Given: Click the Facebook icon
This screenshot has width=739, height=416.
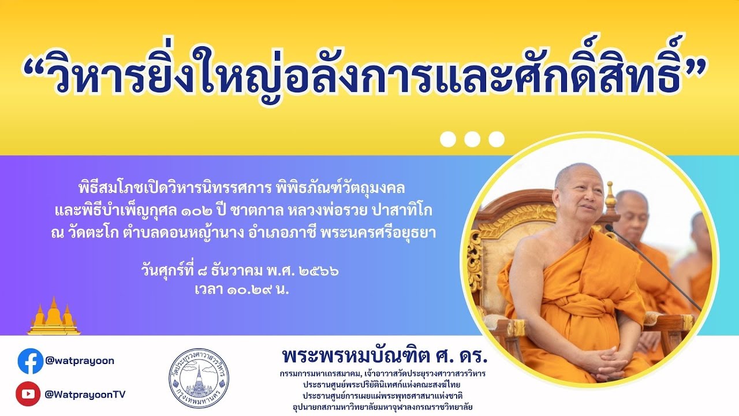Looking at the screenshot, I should pos(31,361).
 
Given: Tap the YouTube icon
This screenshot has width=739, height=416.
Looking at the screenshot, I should pos(28,394).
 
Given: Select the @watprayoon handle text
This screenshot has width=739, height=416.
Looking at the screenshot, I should pos(80,361).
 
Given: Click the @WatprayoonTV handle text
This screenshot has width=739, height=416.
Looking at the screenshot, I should pos(85,394).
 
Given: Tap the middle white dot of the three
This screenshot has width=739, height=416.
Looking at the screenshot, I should pos(472,139).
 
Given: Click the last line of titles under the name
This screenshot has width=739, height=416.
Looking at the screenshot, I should pos(383,407).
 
